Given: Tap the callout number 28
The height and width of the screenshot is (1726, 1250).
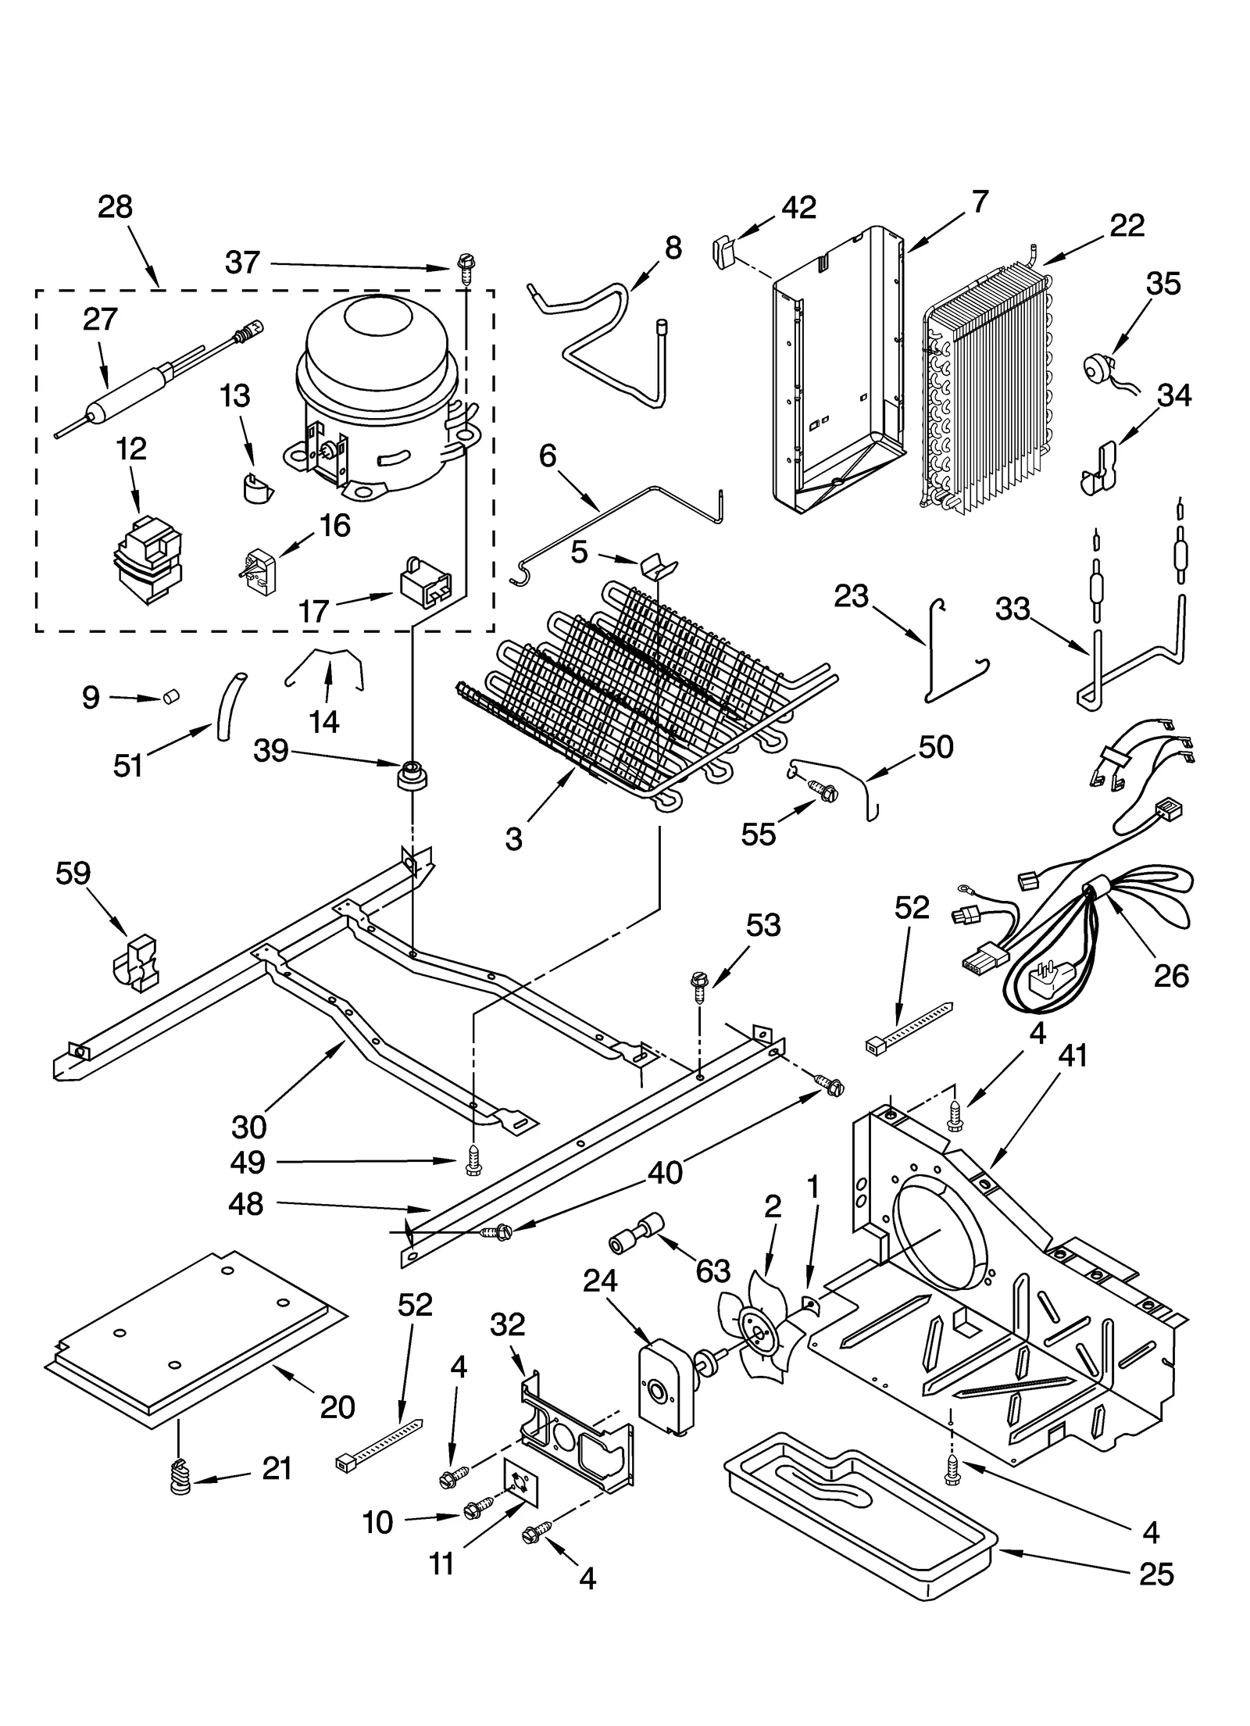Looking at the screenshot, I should [x=115, y=207].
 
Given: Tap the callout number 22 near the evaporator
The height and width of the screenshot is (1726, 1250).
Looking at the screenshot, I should [x=1127, y=225].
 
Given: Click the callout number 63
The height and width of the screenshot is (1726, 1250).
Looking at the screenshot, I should [x=712, y=1271].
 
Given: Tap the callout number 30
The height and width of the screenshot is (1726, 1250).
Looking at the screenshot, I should [x=248, y=1126].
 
